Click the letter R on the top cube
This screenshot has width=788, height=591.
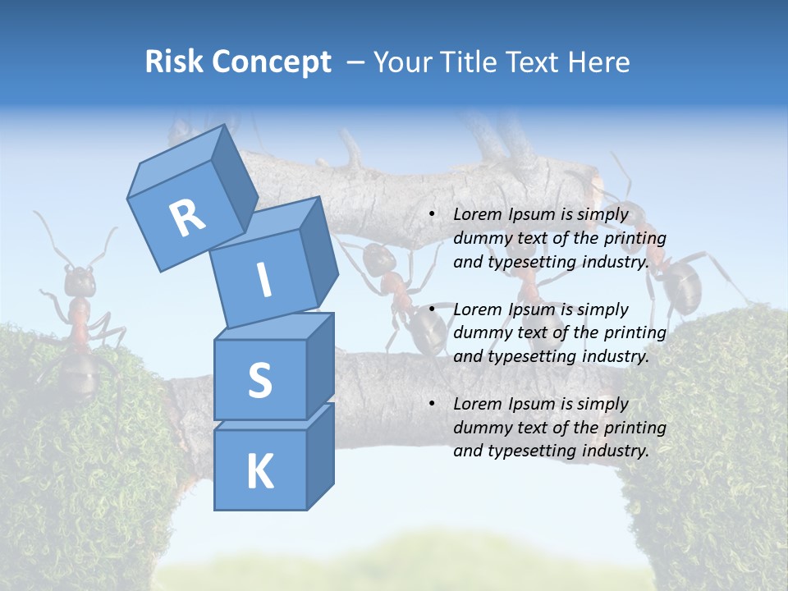[187, 218]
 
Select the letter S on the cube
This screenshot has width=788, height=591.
[259, 380]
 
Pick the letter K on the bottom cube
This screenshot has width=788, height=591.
[259, 472]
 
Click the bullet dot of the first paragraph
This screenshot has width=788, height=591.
[432, 214]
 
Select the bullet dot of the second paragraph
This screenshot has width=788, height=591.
[432, 309]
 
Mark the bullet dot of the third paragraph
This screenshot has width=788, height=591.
[432, 404]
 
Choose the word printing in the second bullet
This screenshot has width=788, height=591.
[634, 333]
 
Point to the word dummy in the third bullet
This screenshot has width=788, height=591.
[481, 428]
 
